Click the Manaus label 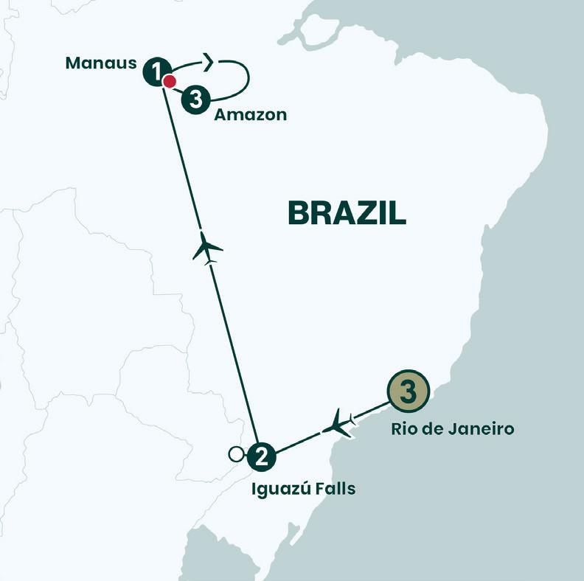pyautogui.click(x=101, y=62)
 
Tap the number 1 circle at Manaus pyautogui.click(x=156, y=71)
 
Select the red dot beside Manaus pyautogui.click(x=170, y=81)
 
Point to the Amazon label pyautogui.click(x=250, y=115)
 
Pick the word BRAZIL pyautogui.click(x=347, y=213)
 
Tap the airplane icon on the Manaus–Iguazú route pyautogui.click(x=207, y=248)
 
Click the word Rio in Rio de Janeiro pyautogui.click(x=406, y=428)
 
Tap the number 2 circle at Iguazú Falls pyautogui.click(x=260, y=456)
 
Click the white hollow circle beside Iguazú pyautogui.click(x=237, y=454)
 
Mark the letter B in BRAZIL pyautogui.click(x=298, y=213)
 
